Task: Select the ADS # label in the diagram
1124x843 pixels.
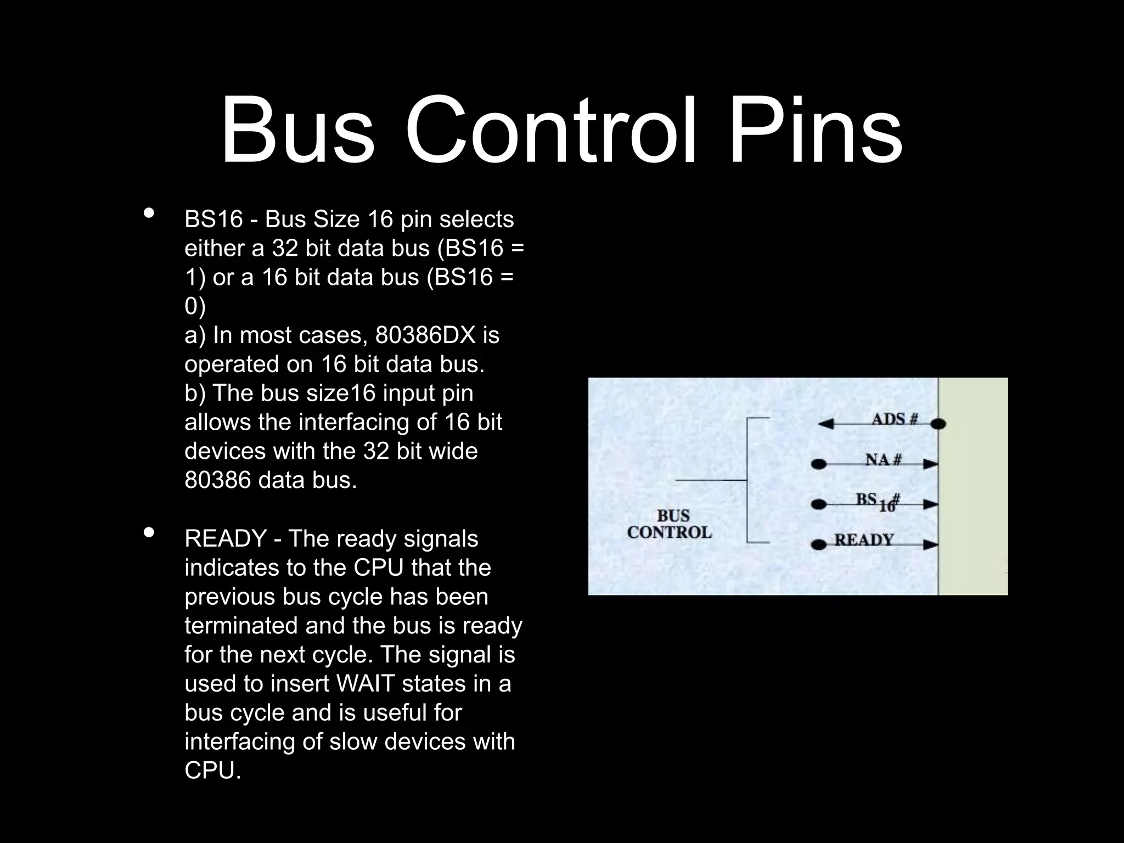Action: click(x=895, y=419)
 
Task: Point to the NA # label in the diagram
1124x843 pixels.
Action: click(x=883, y=459)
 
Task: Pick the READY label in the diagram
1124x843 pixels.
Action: click(x=864, y=540)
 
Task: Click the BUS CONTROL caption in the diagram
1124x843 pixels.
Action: click(x=670, y=524)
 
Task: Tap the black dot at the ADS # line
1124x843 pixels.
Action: click(x=938, y=424)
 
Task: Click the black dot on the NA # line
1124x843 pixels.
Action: click(x=819, y=464)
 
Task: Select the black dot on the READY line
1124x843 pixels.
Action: click(x=819, y=545)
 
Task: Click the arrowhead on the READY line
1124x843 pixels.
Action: click(x=930, y=545)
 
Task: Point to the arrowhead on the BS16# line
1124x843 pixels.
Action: click(x=930, y=504)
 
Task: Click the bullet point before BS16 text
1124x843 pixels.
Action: click(x=148, y=213)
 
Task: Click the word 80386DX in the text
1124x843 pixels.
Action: click(x=425, y=335)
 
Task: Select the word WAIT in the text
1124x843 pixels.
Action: click(x=365, y=684)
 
